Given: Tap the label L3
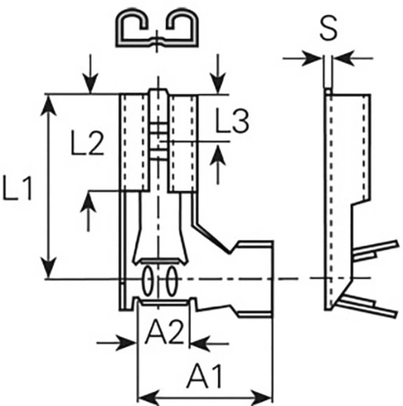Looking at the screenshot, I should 231,122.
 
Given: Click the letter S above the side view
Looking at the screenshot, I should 328,29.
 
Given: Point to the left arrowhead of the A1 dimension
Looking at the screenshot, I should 148,395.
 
